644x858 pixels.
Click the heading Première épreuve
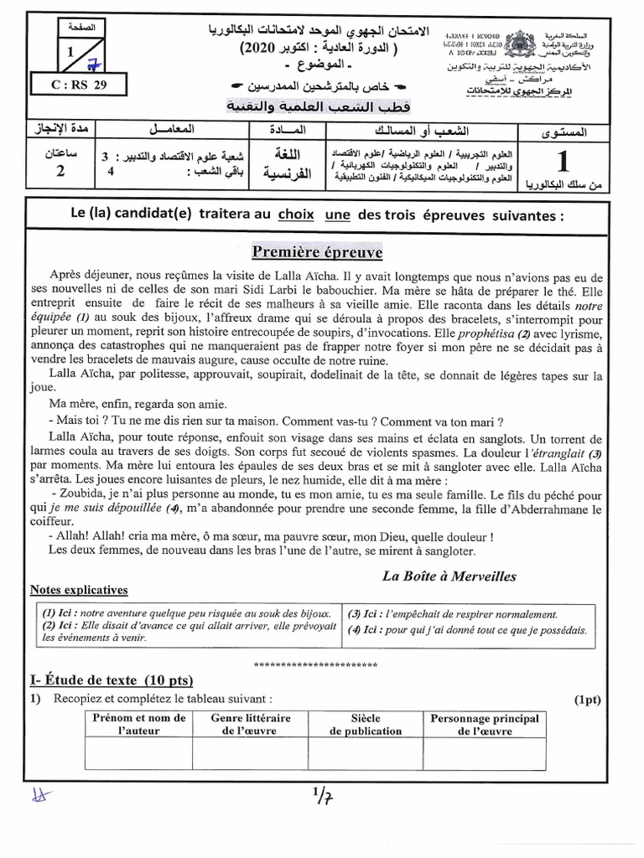tap(318, 252)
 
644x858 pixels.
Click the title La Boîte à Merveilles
tap(449, 576)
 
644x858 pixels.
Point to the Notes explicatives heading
tap(78, 590)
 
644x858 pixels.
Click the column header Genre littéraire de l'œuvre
tap(250, 725)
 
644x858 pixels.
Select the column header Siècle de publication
tap(366, 725)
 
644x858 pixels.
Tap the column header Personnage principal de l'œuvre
tap(484, 725)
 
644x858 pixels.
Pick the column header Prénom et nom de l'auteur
tap(139, 725)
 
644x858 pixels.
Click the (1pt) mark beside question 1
tap(588, 699)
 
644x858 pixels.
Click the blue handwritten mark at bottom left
tap(37, 797)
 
